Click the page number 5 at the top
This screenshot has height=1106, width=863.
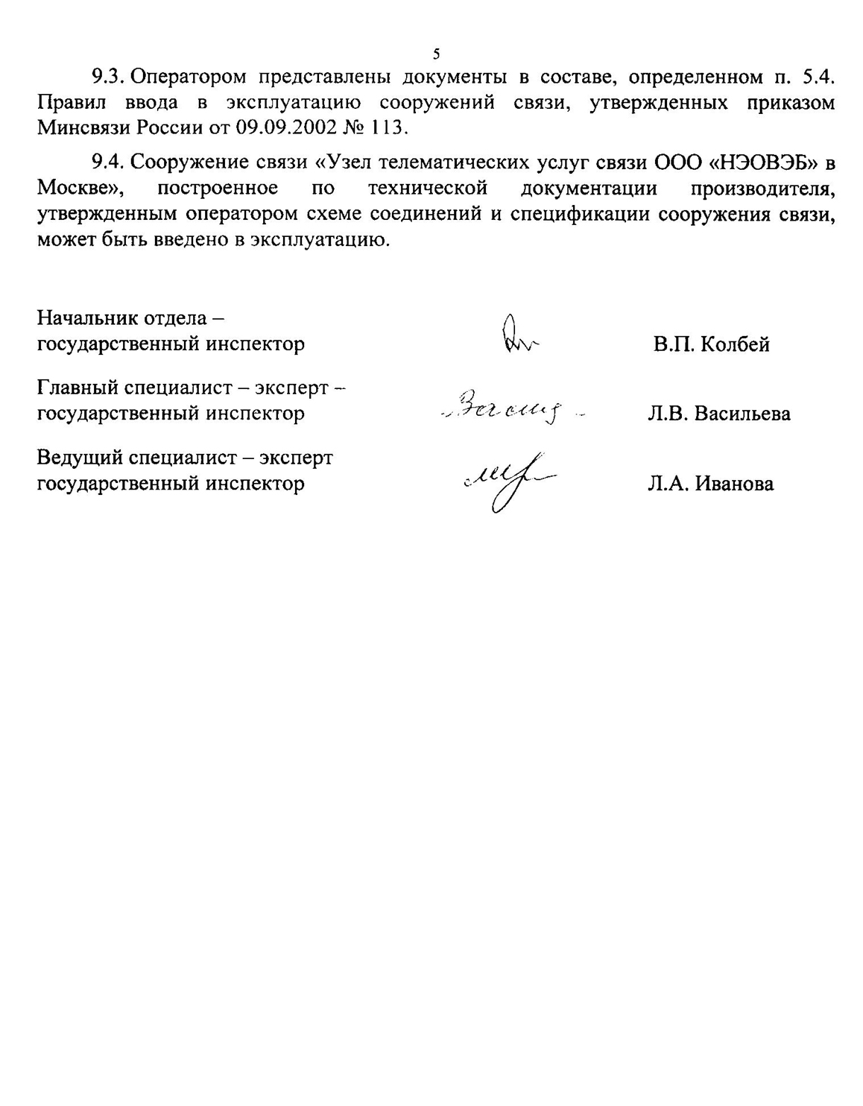coord(436,54)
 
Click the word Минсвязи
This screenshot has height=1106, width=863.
coord(84,127)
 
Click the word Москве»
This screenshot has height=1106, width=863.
coord(80,187)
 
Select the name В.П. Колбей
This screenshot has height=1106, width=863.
coord(711,344)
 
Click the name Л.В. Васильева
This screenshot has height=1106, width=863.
coord(718,413)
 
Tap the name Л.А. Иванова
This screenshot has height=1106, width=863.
coord(710,484)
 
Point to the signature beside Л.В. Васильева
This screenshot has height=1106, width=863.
coord(510,408)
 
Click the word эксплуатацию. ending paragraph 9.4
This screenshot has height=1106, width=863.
coord(320,240)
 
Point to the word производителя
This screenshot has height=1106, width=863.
coord(762,187)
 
